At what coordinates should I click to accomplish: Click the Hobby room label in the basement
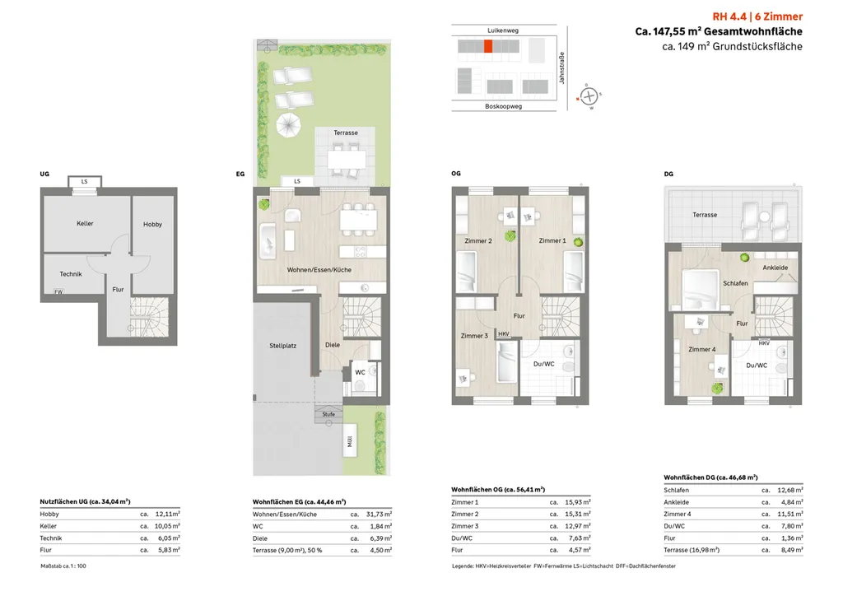pyautogui.click(x=152, y=224)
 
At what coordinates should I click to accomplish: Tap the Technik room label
pyautogui.click(x=71, y=274)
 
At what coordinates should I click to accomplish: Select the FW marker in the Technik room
pyautogui.click(x=58, y=291)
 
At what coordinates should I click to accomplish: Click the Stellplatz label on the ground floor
pyautogui.click(x=283, y=346)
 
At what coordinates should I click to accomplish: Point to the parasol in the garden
pyautogui.click(x=289, y=126)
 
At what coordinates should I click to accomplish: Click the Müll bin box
pyautogui.click(x=350, y=440)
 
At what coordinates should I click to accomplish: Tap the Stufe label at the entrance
pyautogui.click(x=328, y=414)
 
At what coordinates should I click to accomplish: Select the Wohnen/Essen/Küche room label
pyautogui.click(x=319, y=270)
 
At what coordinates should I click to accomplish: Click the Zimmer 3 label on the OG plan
pyautogui.click(x=474, y=336)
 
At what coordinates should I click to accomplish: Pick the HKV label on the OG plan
pyautogui.click(x=503, y=334)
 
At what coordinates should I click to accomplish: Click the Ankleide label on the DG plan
pyautogui.click(x=775, y=268)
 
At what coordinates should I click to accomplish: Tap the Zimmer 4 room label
pyautogui.click(x=701, y=349)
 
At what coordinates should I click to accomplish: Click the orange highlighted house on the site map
pyautogui.click(x=487, y=46)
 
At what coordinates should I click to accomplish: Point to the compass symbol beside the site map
pyautogui.click(x=589, y=96)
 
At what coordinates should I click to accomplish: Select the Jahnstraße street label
pyautogui.click(x=561, y=68)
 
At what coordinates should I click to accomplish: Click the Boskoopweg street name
pyautogui.click(x=503, y=106)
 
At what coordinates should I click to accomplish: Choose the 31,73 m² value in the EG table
pyautogui.click(x=379, y=515)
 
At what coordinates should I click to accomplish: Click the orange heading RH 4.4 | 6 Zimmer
pyautogui.click(x=757, y=16)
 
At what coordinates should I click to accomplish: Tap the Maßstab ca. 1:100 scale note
pyautogui.click(x=63, y=566)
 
